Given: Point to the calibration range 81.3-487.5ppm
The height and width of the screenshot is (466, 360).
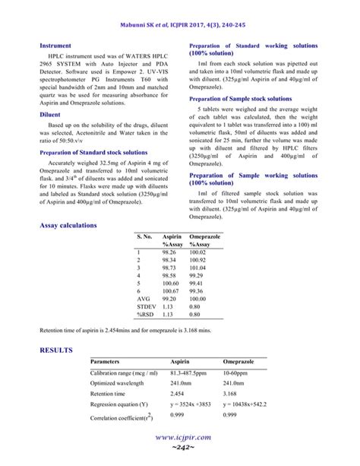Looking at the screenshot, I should pyautogui.click(x=188, y=373).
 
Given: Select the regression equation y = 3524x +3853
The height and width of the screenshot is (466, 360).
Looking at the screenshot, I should pyautogui.click(x=191, y=406).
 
